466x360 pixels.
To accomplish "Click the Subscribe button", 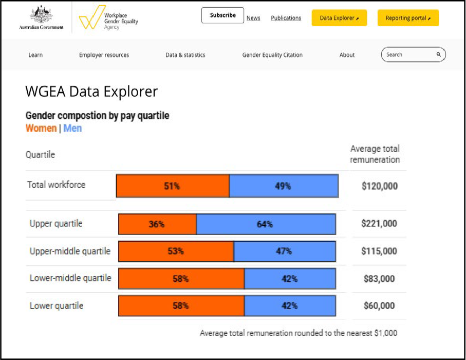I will click(x=222, y=15).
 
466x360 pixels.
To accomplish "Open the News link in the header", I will click(x=253, y=18).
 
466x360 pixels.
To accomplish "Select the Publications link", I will click(x=286, y=18).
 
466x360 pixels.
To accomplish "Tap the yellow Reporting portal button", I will click(x=408, y=18).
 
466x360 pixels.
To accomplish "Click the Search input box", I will click(x=408, y=55).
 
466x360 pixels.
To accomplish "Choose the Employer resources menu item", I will click(x=104, y=55).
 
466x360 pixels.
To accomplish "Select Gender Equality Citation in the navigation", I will click(x=272, y=55).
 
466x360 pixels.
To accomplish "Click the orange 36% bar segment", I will click(x=157, y=224).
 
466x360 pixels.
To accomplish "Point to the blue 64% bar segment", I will click(x=266, y=224).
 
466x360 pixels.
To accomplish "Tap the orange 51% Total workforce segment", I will click(x=173, y=186).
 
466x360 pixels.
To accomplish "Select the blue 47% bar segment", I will click(x=284, y=251).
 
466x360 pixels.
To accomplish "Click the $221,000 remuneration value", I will click(x=379, y=224).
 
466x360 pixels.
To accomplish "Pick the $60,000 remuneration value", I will click(x=379, y=306).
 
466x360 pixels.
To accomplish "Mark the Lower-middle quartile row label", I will click(x=70, y=278).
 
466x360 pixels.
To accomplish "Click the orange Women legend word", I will click(x=41, y=128).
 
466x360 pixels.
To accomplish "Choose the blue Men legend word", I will click(x=72, y=128).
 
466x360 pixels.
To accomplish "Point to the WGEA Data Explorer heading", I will click(x=91, y=92).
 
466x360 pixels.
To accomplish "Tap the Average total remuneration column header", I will click(x=375, y=154).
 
